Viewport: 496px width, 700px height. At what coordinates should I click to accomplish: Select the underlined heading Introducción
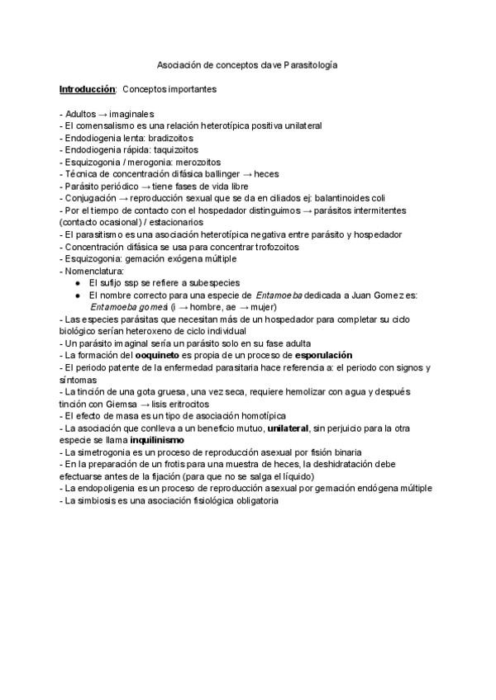point(87,88)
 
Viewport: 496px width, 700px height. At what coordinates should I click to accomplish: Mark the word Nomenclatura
point(93,271)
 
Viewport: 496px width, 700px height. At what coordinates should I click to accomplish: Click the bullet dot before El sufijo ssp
point(77,283)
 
